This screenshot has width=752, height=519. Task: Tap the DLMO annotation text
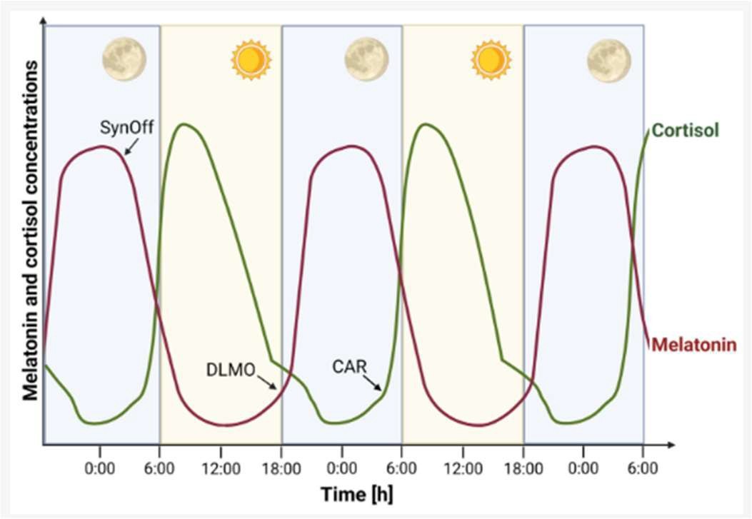[x=229, y=371]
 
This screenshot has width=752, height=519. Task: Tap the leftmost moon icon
[x=124, y=60]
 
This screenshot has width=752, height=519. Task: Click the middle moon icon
[x=366, y=60]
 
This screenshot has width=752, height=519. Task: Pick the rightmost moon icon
[x=608, y=60]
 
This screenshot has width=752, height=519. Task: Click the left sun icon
[x=251, y=60]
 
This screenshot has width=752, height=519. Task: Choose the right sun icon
[x=491, y=60]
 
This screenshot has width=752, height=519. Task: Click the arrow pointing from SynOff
[x=131, y=146]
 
